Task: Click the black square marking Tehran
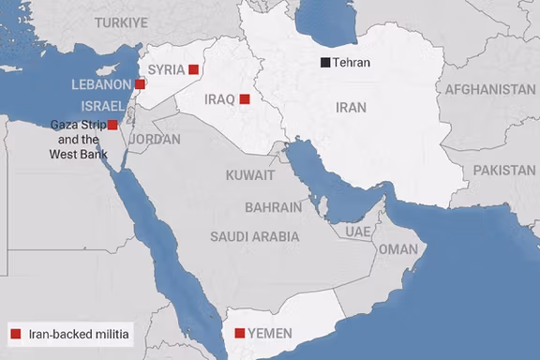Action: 325,63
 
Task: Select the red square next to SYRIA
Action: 193,68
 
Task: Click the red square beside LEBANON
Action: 140,84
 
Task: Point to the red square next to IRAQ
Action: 244,98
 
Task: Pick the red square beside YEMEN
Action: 240,333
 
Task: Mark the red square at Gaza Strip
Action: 112,125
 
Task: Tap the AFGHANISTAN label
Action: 490,90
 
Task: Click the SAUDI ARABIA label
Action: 255,237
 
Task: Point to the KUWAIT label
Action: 250,175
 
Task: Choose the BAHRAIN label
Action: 273,207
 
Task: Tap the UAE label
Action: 357,231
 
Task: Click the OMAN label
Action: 397,249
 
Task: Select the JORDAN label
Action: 155,139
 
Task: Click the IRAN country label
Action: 350,109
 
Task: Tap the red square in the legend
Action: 15,333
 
